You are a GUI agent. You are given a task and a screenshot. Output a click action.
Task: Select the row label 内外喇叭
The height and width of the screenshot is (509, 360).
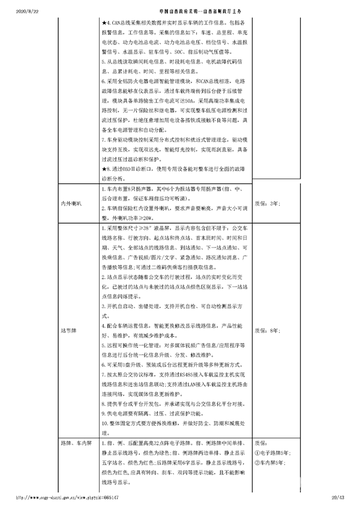click(71, 204)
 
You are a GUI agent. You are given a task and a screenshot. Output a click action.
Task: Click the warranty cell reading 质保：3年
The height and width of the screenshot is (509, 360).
click(267, 204)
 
